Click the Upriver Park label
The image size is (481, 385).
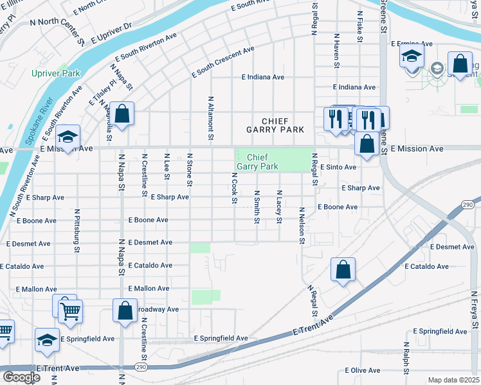pyautogui.click(x=56, y=73)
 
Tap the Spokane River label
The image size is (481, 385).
pyautogui.click(x=28, y=121)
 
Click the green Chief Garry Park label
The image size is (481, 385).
pyautogui.click(x=257, y=161)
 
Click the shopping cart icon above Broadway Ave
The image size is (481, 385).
pyautogui.click(x=70, y=311)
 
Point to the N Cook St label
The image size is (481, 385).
pyautogui.click(x=234, y=188)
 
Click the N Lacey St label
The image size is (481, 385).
pyautogui.click(x=279, y=207)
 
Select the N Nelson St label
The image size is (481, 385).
pyautogui.click(x=301, y=225)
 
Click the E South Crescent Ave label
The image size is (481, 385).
pyautogui.click(x=223, y=62)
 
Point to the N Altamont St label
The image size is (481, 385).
pyautogui.click(x=210, y=119)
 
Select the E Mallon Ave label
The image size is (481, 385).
pyautogui.click(x=149, y=289)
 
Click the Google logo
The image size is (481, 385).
pyautogui.click(x=21, y=377)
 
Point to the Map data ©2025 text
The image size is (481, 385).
pyautogui.click(x=453, y=380)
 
